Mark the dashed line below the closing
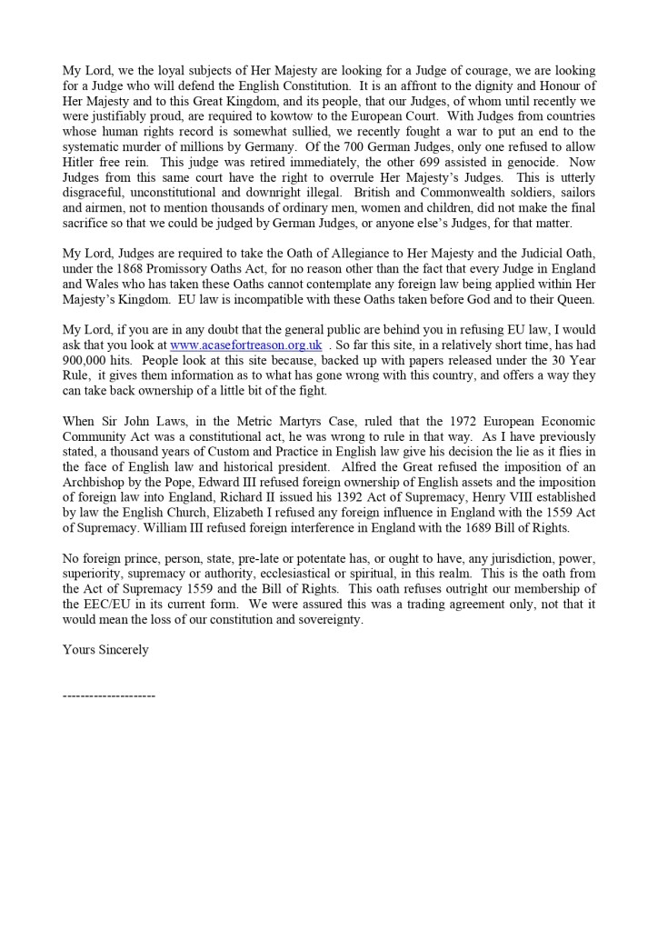tap(108, 695)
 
